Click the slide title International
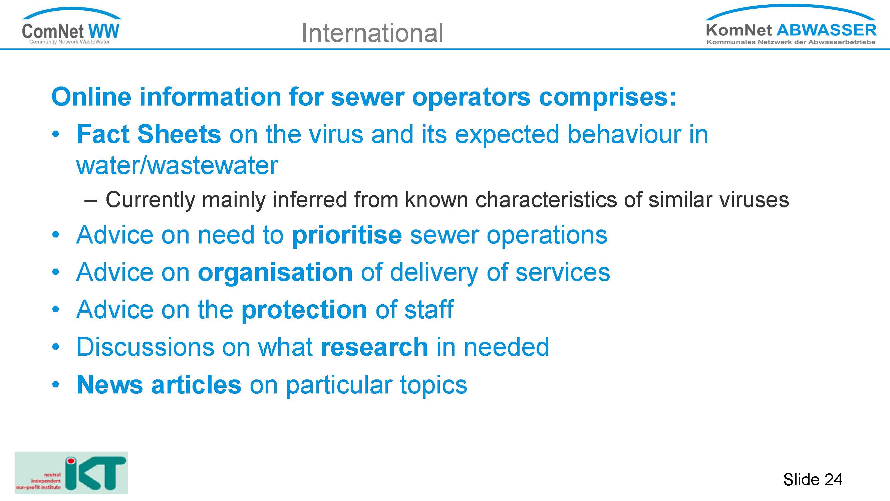pyautogui.click(x=372, y=33)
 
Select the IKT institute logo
pyautogui.click(x=71, y=473)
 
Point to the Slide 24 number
pyautogui.click(x=813, y=480)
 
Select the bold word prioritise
pyautogui.click(x=347, y=235)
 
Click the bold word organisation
pyautogui.click(x=275, y=273)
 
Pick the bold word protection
pyautogui.click(x=304, y=310)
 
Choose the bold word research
pyautogui.click(x=374, y=347)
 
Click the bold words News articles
pyautogui.click(x=159, y=384)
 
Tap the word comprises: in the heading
pyautogui.click(x=607, y=98)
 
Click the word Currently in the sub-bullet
pyautogui.click(x=150, y=200)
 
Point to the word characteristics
pyautogui.click(x=546, y=200)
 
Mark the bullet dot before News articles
pyautogui.click(x=56, y=384)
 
